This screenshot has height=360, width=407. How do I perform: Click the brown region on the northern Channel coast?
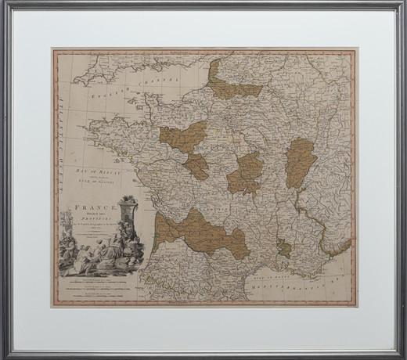click(x=233, y=81)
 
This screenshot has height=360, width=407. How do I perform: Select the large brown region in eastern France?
click(x=301, y=161)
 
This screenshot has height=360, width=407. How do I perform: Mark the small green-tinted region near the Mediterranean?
click(x=285, y=249)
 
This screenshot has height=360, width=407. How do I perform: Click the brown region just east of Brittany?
click(x=182, y=136)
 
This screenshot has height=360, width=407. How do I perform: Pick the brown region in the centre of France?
click(x=247, y=173)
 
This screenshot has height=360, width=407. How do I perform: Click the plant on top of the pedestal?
click(x=130, y=202)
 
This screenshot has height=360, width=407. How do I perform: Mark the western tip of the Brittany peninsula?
click(x=92, y=125)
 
